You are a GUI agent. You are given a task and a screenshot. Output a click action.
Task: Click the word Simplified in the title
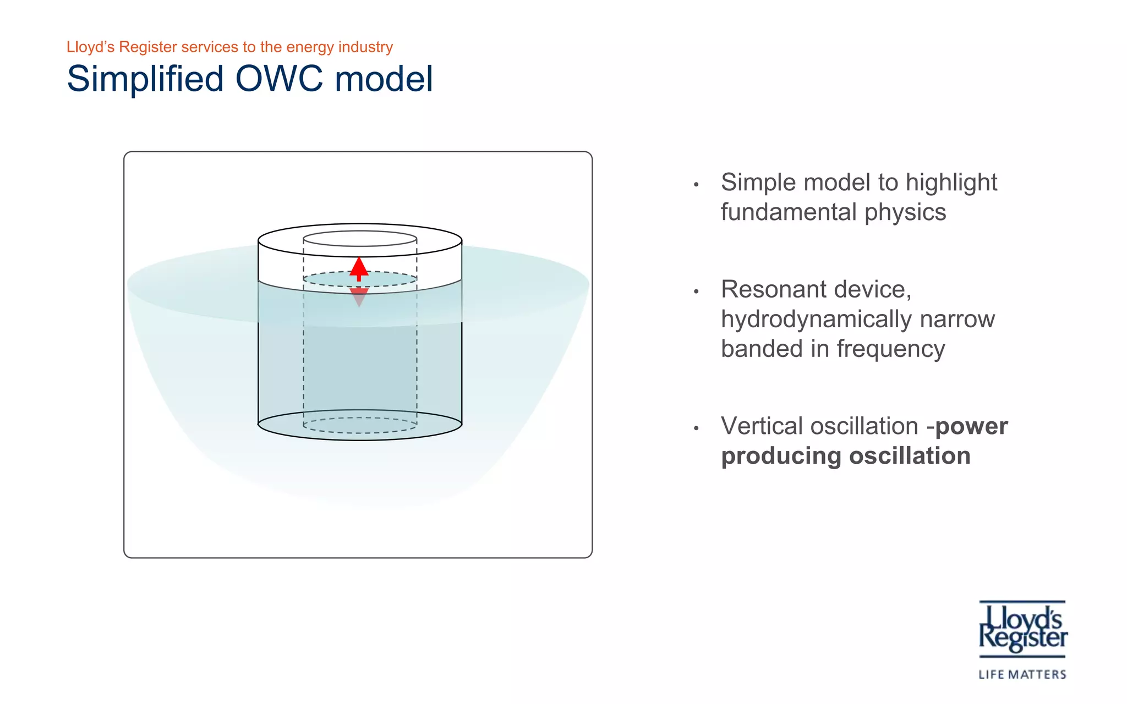145,79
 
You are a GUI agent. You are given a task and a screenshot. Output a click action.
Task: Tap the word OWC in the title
279,79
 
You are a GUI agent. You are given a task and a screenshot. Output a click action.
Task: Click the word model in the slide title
384,79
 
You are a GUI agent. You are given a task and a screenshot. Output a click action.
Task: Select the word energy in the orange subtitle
310,47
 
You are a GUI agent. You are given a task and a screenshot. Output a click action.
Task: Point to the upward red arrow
359,268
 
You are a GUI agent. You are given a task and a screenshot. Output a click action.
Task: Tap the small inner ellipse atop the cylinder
360,239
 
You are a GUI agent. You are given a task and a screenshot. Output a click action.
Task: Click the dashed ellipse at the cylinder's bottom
360,425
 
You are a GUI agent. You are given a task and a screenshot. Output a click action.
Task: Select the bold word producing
781,456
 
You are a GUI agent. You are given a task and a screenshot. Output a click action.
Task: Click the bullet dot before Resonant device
696,291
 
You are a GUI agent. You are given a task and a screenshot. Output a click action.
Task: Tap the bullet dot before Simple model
696,185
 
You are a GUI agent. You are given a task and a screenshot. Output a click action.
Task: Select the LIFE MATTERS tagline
1022,674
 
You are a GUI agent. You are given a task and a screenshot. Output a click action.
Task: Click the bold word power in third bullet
971,426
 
